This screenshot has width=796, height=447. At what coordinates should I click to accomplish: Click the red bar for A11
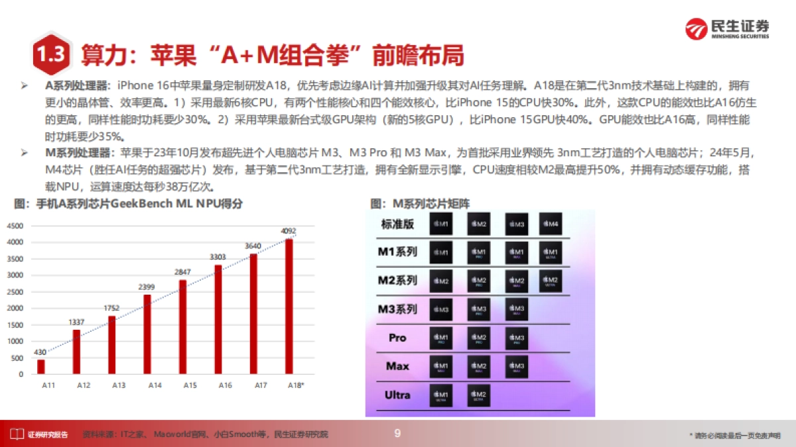pyautogui.click(x=41, y=366)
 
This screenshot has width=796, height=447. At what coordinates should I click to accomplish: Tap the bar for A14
pyautogui.click(x=147, y=334)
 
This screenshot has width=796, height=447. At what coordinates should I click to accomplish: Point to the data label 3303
pyautogui.click(x=218, y=257)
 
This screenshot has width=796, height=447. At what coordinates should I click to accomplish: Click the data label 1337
pyautogui.click(x=76, y=322)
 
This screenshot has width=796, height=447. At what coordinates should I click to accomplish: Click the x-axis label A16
pyautogui.click(x=225, y=385)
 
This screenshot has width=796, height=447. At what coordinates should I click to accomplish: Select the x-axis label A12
pyautogui.click(x=84, y=385)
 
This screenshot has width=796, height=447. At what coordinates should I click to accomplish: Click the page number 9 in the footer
pyautogui.click(x=397, y=434)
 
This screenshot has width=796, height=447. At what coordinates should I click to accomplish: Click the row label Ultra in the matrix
pyautogui.click(x=397, y=395)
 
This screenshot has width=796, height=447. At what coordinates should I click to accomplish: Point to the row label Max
pyautogui.click(x=397, y=366)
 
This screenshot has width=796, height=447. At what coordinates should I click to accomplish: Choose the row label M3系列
pyautogui.click(x=397, y=309)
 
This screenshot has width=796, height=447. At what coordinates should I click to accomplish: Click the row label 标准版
pyautogui.click(x=397, y=224)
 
